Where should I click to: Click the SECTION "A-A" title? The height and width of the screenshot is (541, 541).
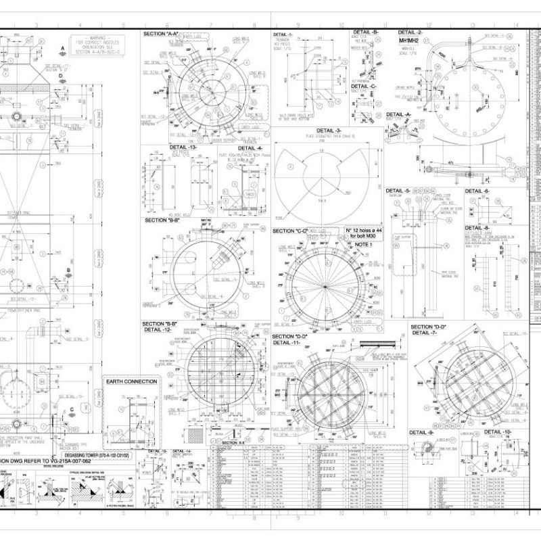(161, 33)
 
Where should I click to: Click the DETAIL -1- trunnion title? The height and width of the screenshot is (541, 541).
(283, 34)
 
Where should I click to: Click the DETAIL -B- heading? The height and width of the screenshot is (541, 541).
(366, 32)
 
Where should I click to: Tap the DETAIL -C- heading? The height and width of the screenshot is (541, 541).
(364, 86)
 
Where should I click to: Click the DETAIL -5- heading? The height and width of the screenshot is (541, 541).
(398, 191)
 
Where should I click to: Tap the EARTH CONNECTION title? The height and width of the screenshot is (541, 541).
(132, 381)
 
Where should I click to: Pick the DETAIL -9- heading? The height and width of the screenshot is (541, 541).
(421, 432)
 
